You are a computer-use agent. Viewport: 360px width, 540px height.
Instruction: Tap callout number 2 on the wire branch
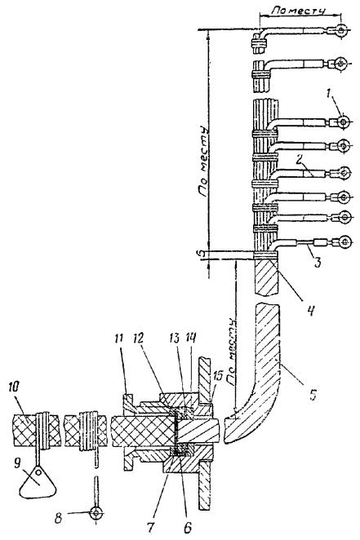tap(300, 160)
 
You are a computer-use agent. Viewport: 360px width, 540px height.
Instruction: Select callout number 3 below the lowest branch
tap(318, 262)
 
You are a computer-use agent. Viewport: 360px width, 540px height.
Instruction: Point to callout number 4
tap(310, 311)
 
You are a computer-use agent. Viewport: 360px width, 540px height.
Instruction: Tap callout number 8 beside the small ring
tap(59, 518)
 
